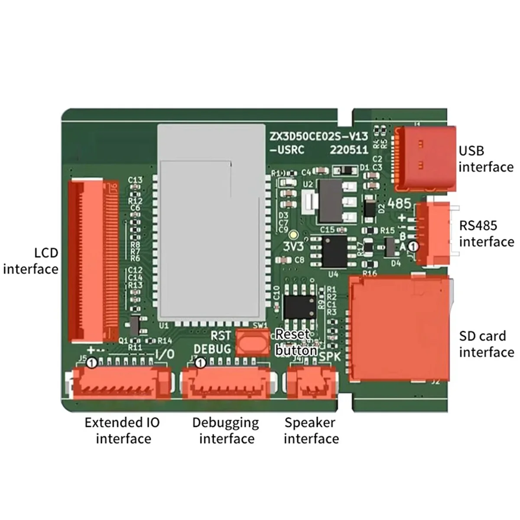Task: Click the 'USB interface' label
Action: tap(485, 159)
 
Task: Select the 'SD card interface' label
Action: tap(486, 344)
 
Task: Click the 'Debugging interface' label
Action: tap(226, 430)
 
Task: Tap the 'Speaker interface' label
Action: tap(311, 430)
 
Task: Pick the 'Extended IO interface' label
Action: tap(123, 430)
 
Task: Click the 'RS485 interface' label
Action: tap(486, 234)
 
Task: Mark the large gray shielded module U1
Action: tap(211, 223)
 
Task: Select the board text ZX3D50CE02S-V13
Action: tap(319, 136)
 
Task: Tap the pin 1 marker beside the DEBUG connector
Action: tap(200, 363)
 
